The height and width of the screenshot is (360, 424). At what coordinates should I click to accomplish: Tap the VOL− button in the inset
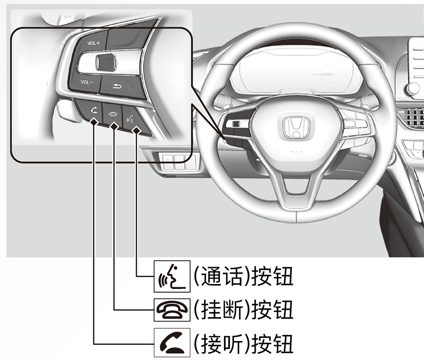pyautogui.click(x=87, y=82)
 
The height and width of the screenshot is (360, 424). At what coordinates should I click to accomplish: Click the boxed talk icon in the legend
pyautogui.click(x=166, y=277)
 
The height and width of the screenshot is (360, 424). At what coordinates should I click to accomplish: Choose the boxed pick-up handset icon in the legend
pyautogui.click(x=166, y=341)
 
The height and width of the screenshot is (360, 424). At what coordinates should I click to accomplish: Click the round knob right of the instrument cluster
pyautogui.click(x=413, y=89)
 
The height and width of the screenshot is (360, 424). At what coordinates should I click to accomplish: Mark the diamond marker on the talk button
pyautogui.click(x=136, y=131)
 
